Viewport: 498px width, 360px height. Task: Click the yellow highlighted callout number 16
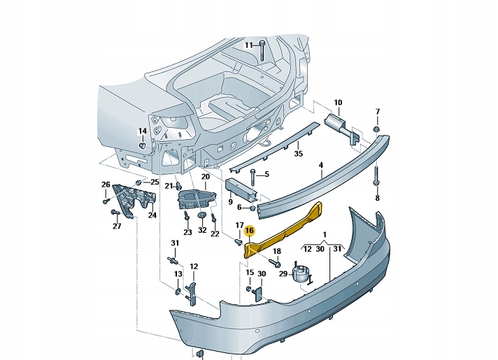[250, 229]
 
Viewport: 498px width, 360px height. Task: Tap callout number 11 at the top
[248, 45]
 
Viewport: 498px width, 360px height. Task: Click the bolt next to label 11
[261, 51]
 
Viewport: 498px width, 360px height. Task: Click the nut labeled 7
[376, 130]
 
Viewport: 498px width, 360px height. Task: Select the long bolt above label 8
[376, 178]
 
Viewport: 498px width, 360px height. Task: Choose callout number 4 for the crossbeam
[320, 166]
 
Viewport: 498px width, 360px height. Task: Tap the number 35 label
[297, 154]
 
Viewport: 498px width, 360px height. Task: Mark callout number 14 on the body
[142, 131]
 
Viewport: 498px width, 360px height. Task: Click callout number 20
[205, 177]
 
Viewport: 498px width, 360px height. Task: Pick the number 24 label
[152, 215]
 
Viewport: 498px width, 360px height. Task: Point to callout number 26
[106, 185]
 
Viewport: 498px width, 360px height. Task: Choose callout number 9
[230, 203]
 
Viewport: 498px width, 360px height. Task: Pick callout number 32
[201, 230]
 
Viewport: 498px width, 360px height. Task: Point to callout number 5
[266, 173]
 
